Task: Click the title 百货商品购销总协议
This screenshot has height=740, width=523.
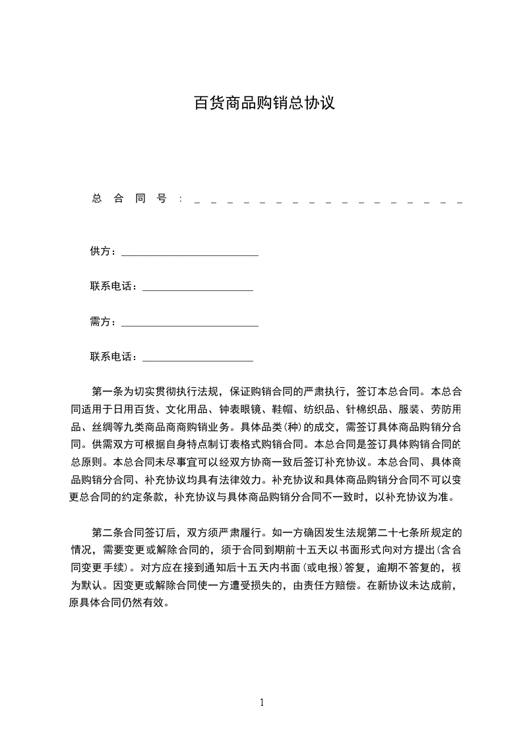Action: point(264,104)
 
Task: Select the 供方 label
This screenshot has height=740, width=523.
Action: point(102,251)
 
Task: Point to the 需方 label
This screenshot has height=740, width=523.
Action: point(102,322)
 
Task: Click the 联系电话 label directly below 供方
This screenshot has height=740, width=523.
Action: point(113,287)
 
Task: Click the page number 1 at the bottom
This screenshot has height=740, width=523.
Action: point(262,702)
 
